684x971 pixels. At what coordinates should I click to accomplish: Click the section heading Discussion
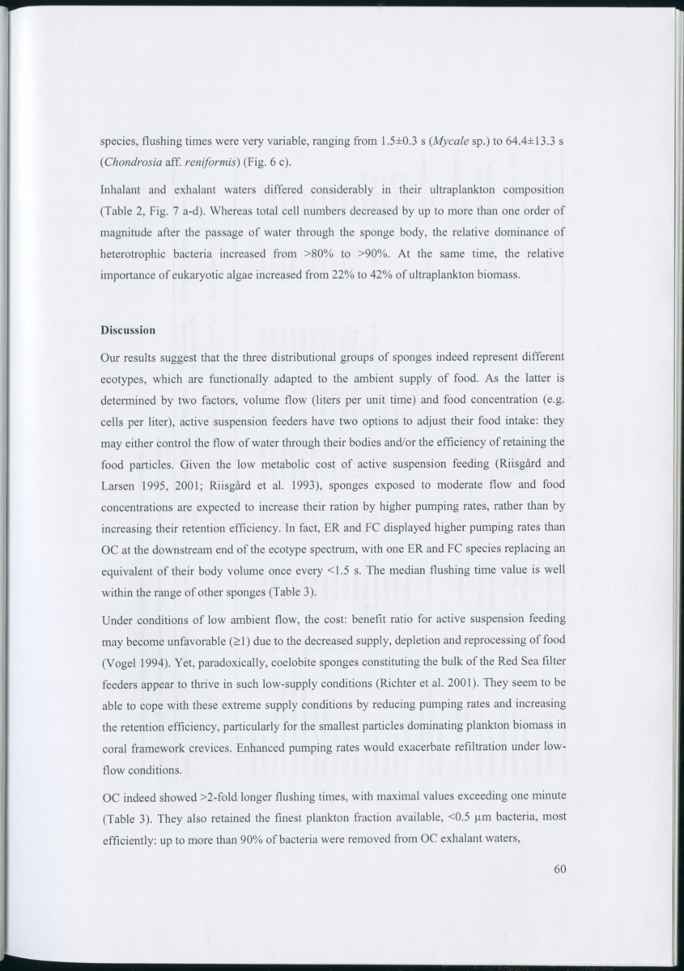click(x=128, y=331)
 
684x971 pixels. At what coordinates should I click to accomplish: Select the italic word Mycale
click(x=454, y=142)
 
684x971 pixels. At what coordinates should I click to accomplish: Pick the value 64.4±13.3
click(x=530, y=142)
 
